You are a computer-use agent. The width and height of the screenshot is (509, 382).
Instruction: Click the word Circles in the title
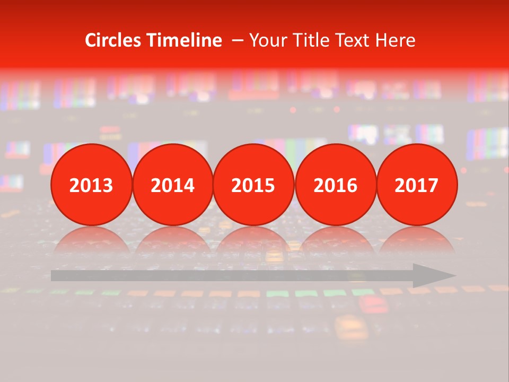coord(113,40)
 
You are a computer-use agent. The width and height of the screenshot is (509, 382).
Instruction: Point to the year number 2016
coord(336,185)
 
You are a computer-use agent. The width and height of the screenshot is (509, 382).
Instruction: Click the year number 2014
coord(173,185)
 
